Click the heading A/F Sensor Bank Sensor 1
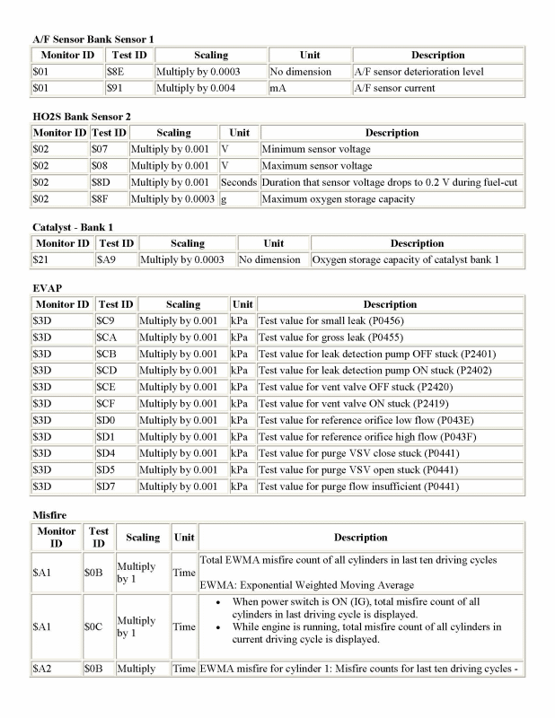[x=92, y=39]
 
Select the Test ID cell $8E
[x=116, y=71]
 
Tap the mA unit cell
[x=277, y=88]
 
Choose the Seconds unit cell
[x=239, y=182]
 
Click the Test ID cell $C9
[x=107, y=320]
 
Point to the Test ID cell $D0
[x=107, y=420]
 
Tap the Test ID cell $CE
[x=107, y=387]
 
